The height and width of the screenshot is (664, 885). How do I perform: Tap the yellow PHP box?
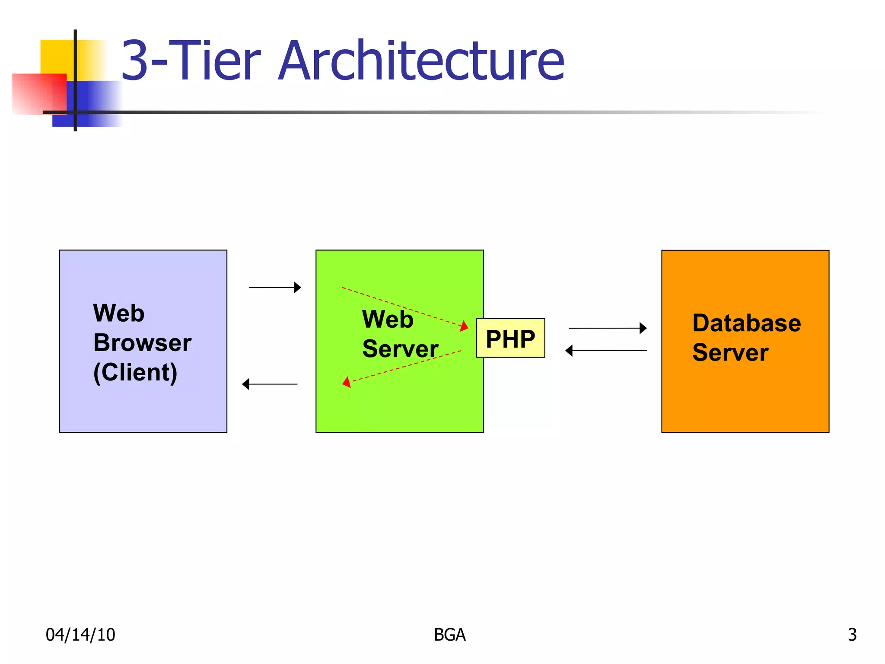pos(510,338)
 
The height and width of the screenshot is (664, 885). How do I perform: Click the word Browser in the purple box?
pos(142,343)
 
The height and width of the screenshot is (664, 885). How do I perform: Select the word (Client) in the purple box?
pos(135,372)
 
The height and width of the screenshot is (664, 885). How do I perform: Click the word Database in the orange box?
pos(746,323)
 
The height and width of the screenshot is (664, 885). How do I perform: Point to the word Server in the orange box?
pos(730,352)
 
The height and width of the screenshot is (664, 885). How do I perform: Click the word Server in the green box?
pos(400,349)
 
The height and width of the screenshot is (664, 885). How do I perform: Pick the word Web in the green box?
pos(388,319)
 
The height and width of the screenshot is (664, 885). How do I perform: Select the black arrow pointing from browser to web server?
pos(275,287)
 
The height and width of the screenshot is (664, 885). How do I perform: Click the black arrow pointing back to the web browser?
pos(270,384)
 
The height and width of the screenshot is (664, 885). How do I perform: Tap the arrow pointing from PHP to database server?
pos(607,328)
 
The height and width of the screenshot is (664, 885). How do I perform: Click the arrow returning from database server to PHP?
pos(606,351)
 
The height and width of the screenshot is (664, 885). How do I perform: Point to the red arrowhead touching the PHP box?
pos(464,326)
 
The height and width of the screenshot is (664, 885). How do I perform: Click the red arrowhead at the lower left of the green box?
pos(347,383)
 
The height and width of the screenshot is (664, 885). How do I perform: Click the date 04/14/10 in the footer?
pos(80,635)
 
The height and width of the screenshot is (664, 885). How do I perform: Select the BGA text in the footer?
pos(449,635)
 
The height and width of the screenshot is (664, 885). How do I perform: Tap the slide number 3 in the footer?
pos(852,635)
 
